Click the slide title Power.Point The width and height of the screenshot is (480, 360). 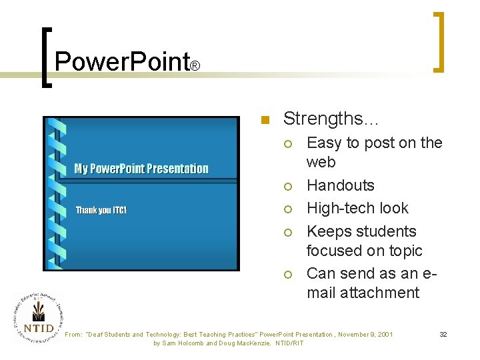pos(122,61)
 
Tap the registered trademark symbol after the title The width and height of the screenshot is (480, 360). pos(195,67)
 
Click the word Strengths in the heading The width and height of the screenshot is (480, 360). pos(329,119)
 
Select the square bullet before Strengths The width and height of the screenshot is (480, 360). pos(265,121)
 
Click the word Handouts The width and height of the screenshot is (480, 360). pos(340,185)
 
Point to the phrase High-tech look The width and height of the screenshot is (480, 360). pos(357,208)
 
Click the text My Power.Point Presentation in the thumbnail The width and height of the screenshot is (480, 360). pos(141,169)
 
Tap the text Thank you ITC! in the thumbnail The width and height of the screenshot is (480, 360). pos(101,211)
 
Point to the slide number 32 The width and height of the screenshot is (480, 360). pos(443,334)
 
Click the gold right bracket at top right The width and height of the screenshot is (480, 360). pos(439,41)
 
